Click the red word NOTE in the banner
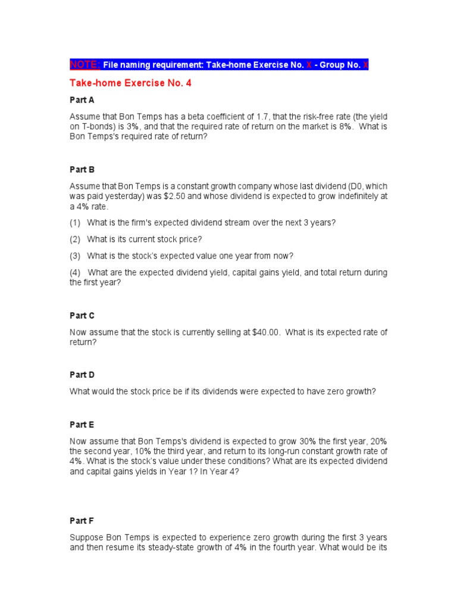point(84,65)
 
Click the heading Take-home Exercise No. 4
point(130,83)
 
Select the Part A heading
point(82,100)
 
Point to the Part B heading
point(82,169)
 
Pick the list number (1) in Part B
point(75,222)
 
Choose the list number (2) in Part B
point(75,239)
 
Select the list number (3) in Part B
point(75,256)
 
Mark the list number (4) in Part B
point(75,272)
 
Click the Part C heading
point(82,315)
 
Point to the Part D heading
point(82,375)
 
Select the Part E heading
point(82,425)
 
